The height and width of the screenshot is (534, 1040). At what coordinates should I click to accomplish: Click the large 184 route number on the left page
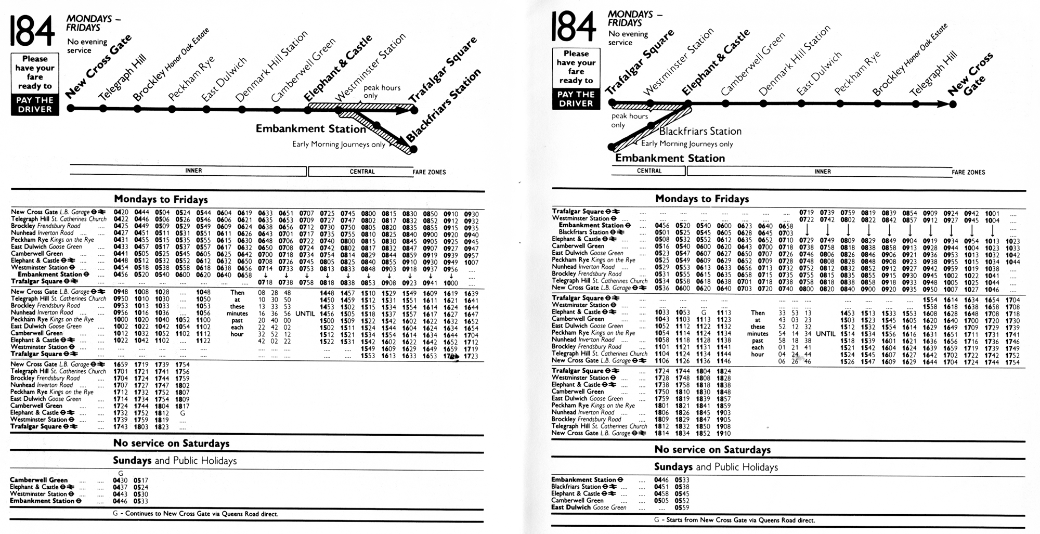(x=32, y=31)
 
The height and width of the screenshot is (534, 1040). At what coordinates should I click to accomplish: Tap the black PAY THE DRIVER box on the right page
(x=576, y=99)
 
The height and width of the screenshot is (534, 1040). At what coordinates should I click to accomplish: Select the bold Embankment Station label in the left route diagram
(x=310, y=128)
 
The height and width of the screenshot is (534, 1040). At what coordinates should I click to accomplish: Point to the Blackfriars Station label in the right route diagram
(x=700, y=132)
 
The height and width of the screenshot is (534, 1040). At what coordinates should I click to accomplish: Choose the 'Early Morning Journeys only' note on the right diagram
(x=686, y=144)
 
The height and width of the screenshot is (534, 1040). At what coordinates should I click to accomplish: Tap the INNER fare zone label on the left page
(x=193, y=171)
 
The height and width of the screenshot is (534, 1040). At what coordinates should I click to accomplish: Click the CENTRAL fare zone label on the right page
(x=649, y=171)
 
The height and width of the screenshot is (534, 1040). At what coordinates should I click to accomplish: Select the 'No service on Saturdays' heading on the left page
(x=171, y=444)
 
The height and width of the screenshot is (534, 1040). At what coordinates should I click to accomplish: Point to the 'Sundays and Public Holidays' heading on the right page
(x=716, y=467)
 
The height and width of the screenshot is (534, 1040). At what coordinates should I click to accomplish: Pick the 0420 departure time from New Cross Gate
(x=121, y=213)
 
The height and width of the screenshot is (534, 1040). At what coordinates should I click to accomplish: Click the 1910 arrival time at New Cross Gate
(x=723, y=433)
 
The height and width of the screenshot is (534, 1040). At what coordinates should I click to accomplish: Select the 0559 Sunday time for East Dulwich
(x=682, y=507)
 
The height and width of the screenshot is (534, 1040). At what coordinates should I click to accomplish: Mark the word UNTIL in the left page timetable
(x=305, y=314)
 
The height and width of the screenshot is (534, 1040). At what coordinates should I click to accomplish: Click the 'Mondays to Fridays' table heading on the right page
(x=702, y=199)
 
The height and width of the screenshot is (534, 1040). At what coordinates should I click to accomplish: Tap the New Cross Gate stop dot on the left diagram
(x=71, y=108)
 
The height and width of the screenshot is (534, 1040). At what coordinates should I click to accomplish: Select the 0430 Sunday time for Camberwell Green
(x=120, y=480)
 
